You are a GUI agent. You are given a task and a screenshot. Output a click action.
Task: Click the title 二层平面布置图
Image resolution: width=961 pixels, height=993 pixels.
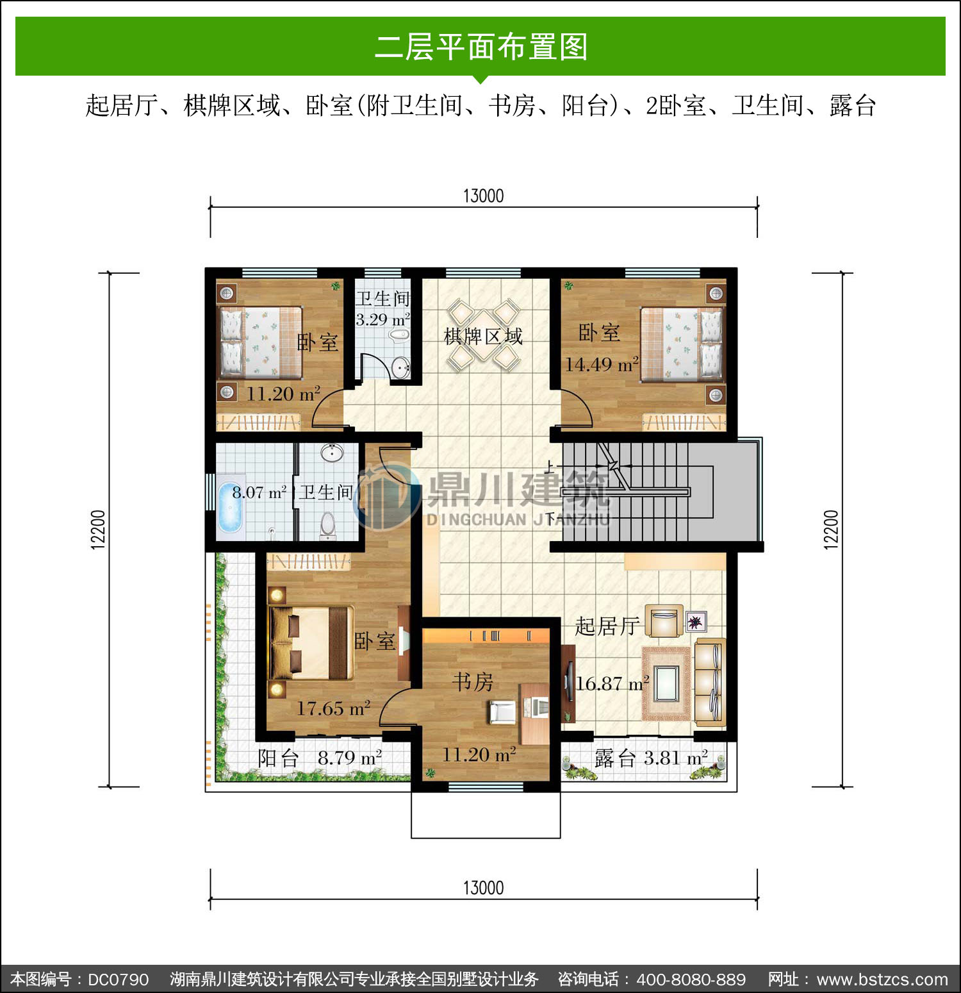pyautogui.click(x=481, y=47)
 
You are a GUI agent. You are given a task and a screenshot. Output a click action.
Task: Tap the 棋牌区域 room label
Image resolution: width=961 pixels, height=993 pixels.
pyautogui.click(x=484, y=336)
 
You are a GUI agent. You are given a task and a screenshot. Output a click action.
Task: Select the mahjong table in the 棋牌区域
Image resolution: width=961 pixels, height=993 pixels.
pyautogui.click(x=484, y=335)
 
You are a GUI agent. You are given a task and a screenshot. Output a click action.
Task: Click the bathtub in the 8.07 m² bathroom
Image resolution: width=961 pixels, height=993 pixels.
pyautogui.click(x=230, y=508)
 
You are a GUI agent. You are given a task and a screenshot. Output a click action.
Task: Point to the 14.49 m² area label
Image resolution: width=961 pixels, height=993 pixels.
pyautogui.click(x=602, y=364)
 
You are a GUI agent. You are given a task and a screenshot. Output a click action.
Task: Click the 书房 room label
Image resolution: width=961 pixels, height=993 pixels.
pyautogui.click(x=473, y=681)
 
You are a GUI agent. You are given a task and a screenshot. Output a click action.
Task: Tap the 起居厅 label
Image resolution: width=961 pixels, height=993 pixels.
pyautogui.click(x=607, y=626)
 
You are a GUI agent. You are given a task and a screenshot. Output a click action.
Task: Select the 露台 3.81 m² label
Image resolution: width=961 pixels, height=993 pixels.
pyautogui.click(x=651, y=758)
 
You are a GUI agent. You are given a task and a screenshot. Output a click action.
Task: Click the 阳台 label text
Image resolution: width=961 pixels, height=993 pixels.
pyautogui.click(x=278, y=758)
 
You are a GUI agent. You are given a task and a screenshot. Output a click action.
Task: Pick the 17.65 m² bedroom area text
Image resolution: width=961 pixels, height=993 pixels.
pyautogui.click(x=333, y=708)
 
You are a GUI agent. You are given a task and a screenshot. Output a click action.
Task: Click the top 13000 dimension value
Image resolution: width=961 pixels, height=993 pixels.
pyautogui.click(x=484, y=196)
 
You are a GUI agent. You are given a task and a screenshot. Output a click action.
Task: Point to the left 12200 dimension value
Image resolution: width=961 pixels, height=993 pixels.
pyautogui.click(x=97, y=530)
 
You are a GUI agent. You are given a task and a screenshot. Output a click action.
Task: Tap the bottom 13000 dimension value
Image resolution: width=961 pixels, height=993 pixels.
pyautogui.click(x=484, y=888)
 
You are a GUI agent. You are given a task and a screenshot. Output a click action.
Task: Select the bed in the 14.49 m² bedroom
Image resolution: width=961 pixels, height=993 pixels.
pyautogui.click(x=682, y=344)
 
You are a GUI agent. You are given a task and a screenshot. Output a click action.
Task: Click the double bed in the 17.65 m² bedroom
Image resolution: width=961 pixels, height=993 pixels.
pyautogui.click(x=311, y=643)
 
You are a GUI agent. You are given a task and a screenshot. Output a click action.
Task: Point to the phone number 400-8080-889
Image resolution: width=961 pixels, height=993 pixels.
pyautogui.click(x=691, y=980)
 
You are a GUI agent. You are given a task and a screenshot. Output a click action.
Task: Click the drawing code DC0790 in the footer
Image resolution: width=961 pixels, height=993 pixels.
pyautogui.click(x=119, y=980)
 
